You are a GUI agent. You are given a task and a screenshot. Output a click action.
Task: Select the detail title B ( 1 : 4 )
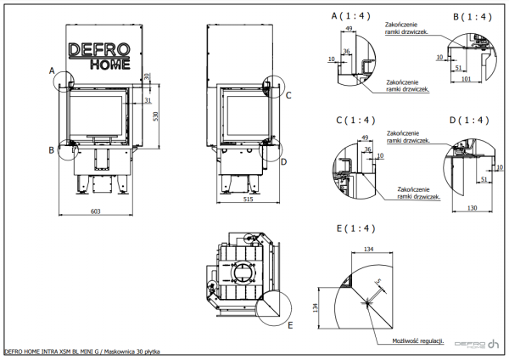point(471,16)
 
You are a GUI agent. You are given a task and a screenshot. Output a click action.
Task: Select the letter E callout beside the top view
point(290,324)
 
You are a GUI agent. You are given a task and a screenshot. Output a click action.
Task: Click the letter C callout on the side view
point(288,95)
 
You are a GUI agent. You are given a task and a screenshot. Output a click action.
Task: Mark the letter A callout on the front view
point(53,69)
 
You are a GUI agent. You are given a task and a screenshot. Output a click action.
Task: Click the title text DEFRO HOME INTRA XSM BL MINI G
point(52,352)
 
